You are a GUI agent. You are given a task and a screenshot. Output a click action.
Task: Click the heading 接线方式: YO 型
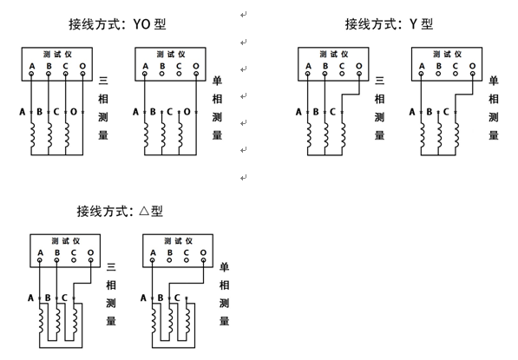click(117, 24)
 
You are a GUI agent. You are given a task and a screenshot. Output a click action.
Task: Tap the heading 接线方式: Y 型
click(389, 24)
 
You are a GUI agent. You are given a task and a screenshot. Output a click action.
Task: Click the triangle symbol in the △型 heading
click(144, 211)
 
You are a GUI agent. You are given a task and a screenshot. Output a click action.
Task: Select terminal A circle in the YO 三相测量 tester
click(31, 74)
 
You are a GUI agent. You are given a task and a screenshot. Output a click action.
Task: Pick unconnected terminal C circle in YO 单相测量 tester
click(179, 74)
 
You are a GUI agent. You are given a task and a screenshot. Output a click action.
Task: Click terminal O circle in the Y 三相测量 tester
click(359, 74)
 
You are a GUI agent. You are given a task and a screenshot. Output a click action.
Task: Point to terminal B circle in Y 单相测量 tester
click(438, 74)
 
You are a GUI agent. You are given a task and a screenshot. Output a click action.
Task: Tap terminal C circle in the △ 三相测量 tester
click(74, 260)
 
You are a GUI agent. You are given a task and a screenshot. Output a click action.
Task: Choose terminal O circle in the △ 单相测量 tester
click(203, 260)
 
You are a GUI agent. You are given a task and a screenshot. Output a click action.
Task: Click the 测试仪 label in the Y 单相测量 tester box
click(448, 54)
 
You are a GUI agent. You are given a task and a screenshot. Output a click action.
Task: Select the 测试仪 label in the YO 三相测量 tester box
click(57, 54)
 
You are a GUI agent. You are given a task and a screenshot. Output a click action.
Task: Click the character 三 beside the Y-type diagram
click(379, 81)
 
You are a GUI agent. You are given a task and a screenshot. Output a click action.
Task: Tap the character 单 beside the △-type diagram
click(225, 266)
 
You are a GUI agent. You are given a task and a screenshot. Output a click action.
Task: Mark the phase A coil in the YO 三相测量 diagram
click(32, 135)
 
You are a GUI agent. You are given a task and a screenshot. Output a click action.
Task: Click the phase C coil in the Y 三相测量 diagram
click(343, 135)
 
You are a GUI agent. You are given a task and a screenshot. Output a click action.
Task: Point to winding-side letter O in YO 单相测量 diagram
click(187, 112)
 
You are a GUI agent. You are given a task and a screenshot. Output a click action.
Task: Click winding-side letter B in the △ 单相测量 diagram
click(161, 298)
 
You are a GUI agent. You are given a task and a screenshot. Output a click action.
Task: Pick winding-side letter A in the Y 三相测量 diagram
click(298, 112)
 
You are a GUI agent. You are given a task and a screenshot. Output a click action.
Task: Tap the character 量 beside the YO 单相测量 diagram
click(217, 135)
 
